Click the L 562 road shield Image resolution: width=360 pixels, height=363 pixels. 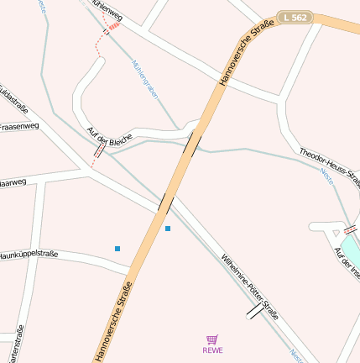(x=296, y=16)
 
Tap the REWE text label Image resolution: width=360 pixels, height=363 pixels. (x=213, y=350)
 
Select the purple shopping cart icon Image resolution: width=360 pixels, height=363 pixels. (x=213, y=339)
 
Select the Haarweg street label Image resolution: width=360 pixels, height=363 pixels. (x=12, y=181)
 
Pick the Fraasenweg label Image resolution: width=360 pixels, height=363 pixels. (x=18, y=127)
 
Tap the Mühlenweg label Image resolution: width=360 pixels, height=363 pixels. (x=106, y=12)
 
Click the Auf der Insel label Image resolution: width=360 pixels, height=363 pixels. (x=347, y=262)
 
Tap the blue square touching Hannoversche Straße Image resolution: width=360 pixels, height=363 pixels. (x=168, y=228)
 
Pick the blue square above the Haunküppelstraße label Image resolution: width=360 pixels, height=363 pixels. (x=117, y=248)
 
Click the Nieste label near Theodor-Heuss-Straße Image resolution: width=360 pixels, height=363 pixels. (x=326, y=176)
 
